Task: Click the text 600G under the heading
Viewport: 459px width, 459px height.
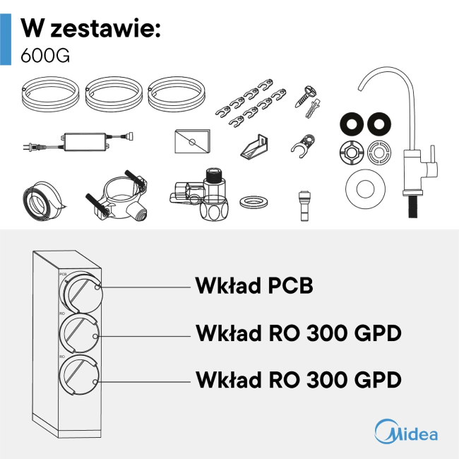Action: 45,55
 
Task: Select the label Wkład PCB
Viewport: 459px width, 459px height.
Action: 254,285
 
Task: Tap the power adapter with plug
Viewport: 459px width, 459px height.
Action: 78,142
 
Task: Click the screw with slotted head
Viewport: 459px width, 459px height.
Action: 306,96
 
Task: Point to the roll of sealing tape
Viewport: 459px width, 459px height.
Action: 43,201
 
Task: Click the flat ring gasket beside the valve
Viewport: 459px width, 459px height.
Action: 254,202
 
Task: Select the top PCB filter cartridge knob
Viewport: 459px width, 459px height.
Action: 81,292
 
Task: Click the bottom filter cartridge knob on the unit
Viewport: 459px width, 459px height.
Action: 79,375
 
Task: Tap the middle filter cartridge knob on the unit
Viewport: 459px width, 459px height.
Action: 79,334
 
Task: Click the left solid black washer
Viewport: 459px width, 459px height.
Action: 352,124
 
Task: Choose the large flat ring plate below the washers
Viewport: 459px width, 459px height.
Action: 365,189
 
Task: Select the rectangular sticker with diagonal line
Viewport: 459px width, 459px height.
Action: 192,141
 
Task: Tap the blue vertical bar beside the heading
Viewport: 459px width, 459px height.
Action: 6,40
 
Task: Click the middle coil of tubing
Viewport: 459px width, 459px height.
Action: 114,94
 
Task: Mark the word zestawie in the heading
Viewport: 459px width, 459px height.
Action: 106,29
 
